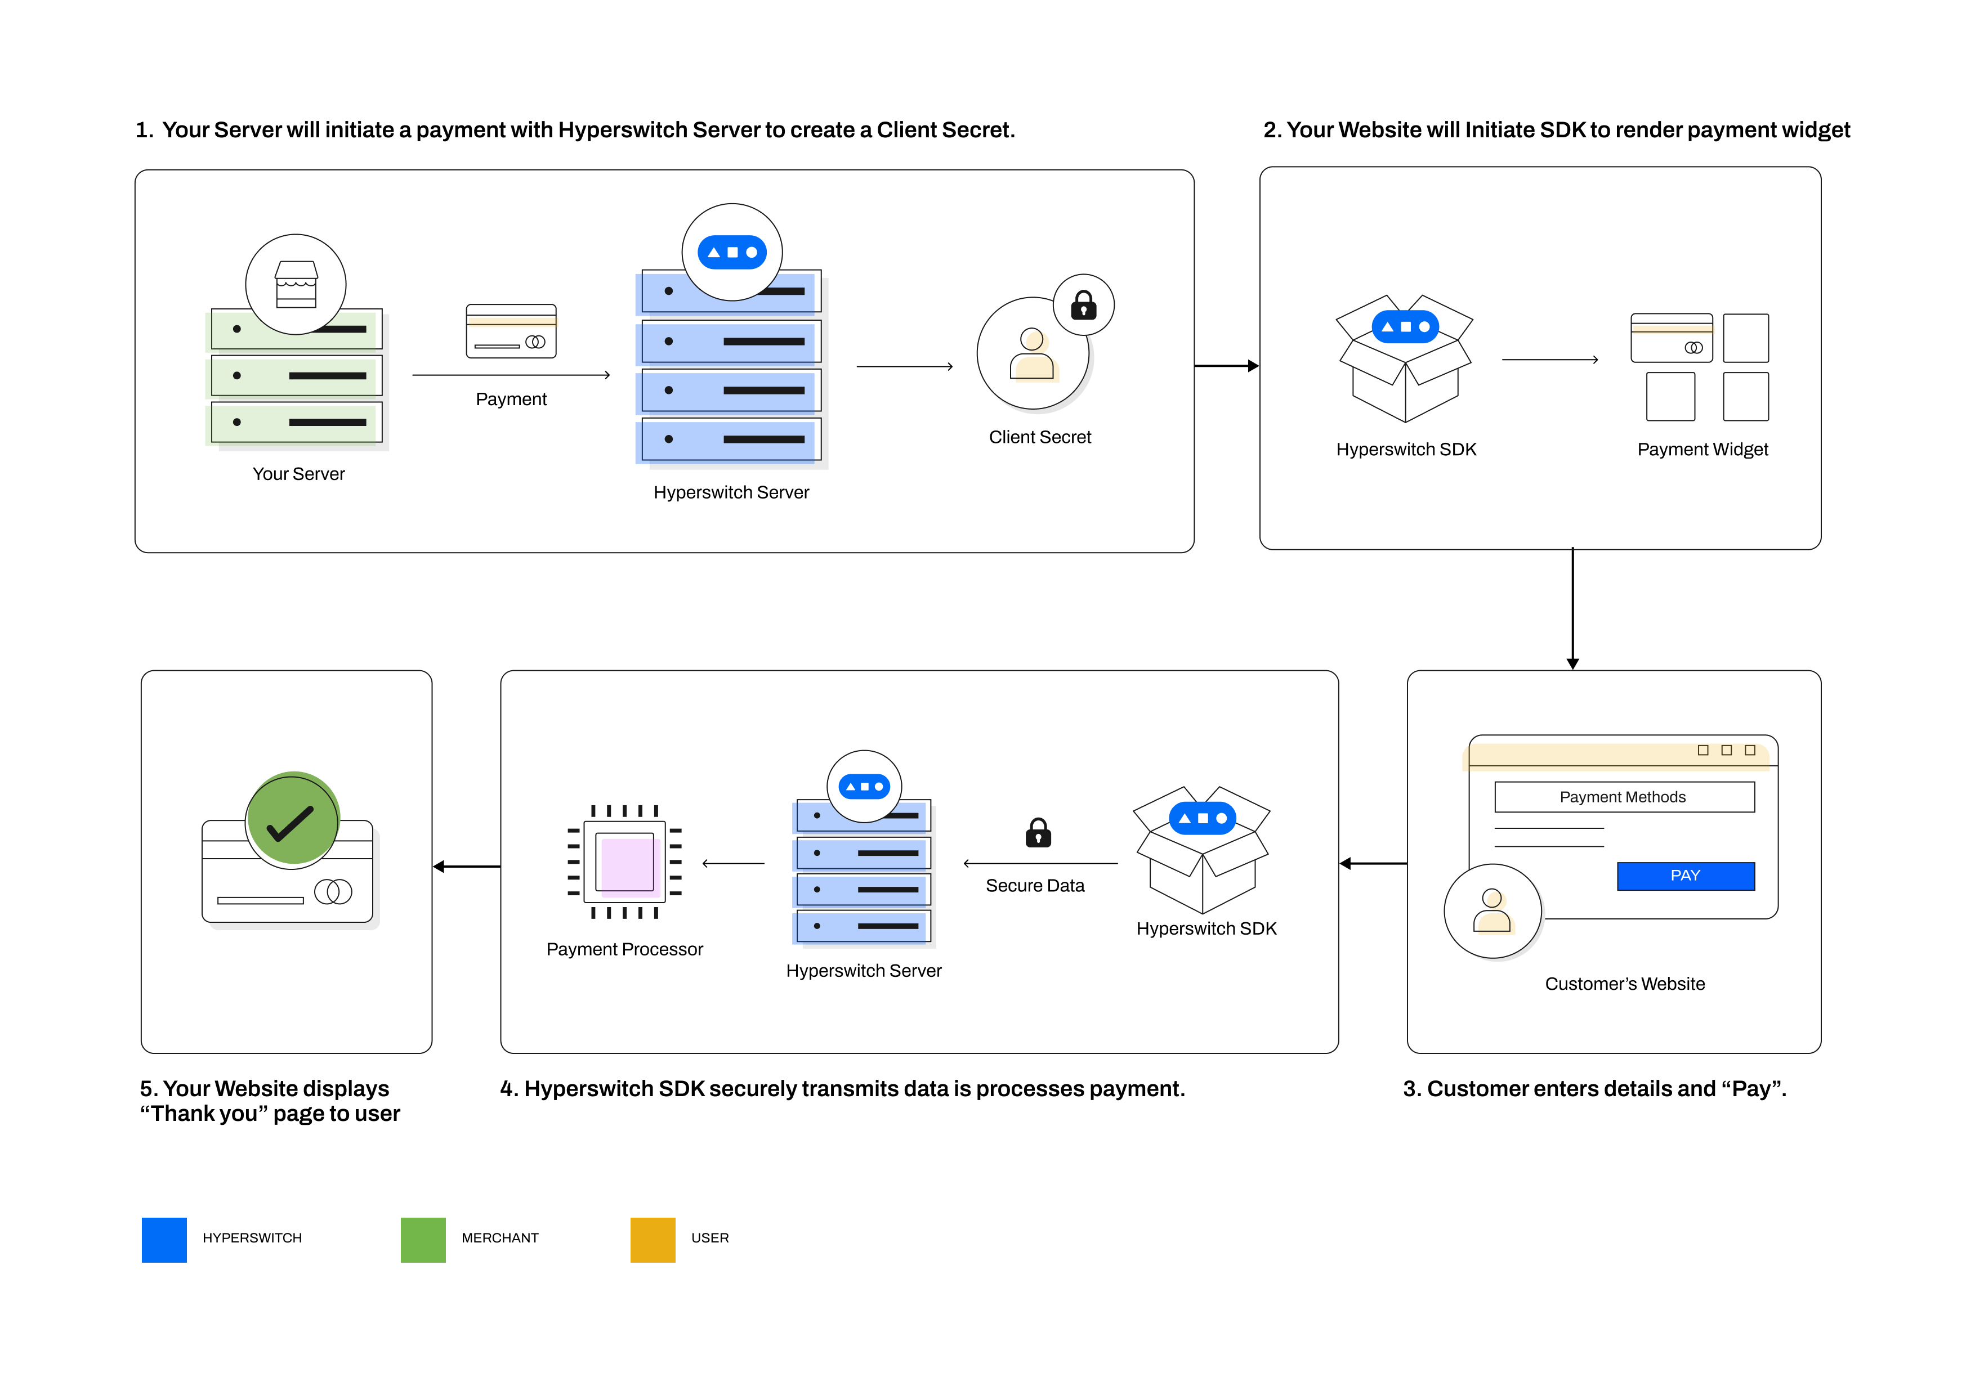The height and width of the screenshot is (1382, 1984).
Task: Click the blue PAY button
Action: (1685, 876)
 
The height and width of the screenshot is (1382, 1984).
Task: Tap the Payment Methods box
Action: (1624, 796)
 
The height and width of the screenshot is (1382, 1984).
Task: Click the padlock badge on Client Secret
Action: (1084, 306)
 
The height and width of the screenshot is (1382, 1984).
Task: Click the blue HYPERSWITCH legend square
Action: (164, 1240)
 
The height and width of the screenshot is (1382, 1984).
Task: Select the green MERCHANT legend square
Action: (423, 1240)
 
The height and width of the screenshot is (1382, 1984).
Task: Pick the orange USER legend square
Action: (653, 1240)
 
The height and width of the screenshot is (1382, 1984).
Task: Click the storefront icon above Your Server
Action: (296, 284)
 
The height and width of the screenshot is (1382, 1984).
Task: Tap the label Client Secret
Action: (1039, 437)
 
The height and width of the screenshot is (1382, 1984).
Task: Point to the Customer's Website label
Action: (1625, 984)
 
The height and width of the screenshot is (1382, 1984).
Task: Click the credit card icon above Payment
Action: (511, 331)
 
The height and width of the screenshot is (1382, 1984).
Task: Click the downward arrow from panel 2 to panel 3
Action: (1572, 609)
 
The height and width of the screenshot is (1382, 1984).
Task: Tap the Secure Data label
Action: (1034, 885)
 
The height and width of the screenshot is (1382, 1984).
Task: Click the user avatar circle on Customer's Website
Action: (1493, 910)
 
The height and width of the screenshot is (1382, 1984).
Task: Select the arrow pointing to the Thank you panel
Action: (467, 867)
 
